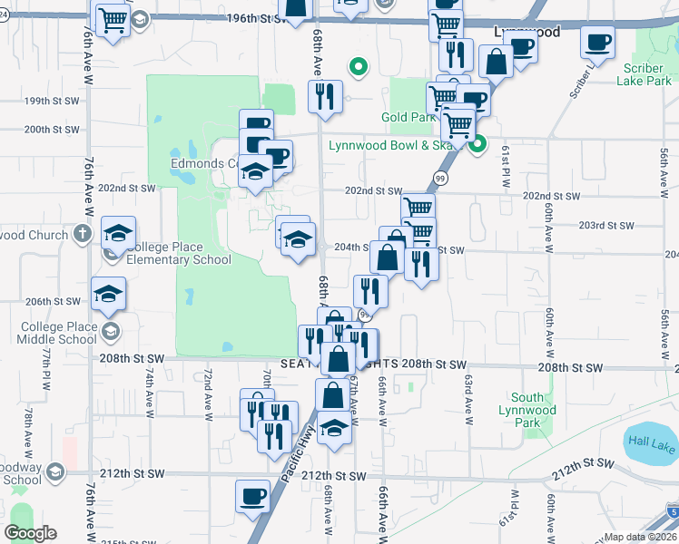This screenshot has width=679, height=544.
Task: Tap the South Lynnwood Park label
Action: pyautogui.click(x=534, y=410)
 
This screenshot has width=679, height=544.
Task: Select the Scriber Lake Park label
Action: pyautogui.click(x=646, y=74)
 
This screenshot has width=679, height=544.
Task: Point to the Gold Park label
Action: pyautogui.click(x=406, y=118)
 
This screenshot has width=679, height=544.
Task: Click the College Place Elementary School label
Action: pyautogui.click(x=179, y=252)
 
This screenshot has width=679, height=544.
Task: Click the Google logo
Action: pyautogui.click(x=30, y=533)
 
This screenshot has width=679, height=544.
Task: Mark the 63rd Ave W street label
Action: pyautogui.click(x=468, y=399)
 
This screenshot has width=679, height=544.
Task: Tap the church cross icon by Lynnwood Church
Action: pyautogui.click(x=83, y=233)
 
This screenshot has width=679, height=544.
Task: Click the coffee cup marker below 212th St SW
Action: pyautogui.click(x=253, y=495)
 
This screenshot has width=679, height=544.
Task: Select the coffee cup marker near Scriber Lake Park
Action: pyautogui.click(x=598, y=41)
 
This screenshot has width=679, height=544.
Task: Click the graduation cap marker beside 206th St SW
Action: pyautogui.click(x=108, y=293)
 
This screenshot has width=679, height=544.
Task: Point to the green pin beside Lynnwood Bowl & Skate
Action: pyautogui.click(x=477, y=142)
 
